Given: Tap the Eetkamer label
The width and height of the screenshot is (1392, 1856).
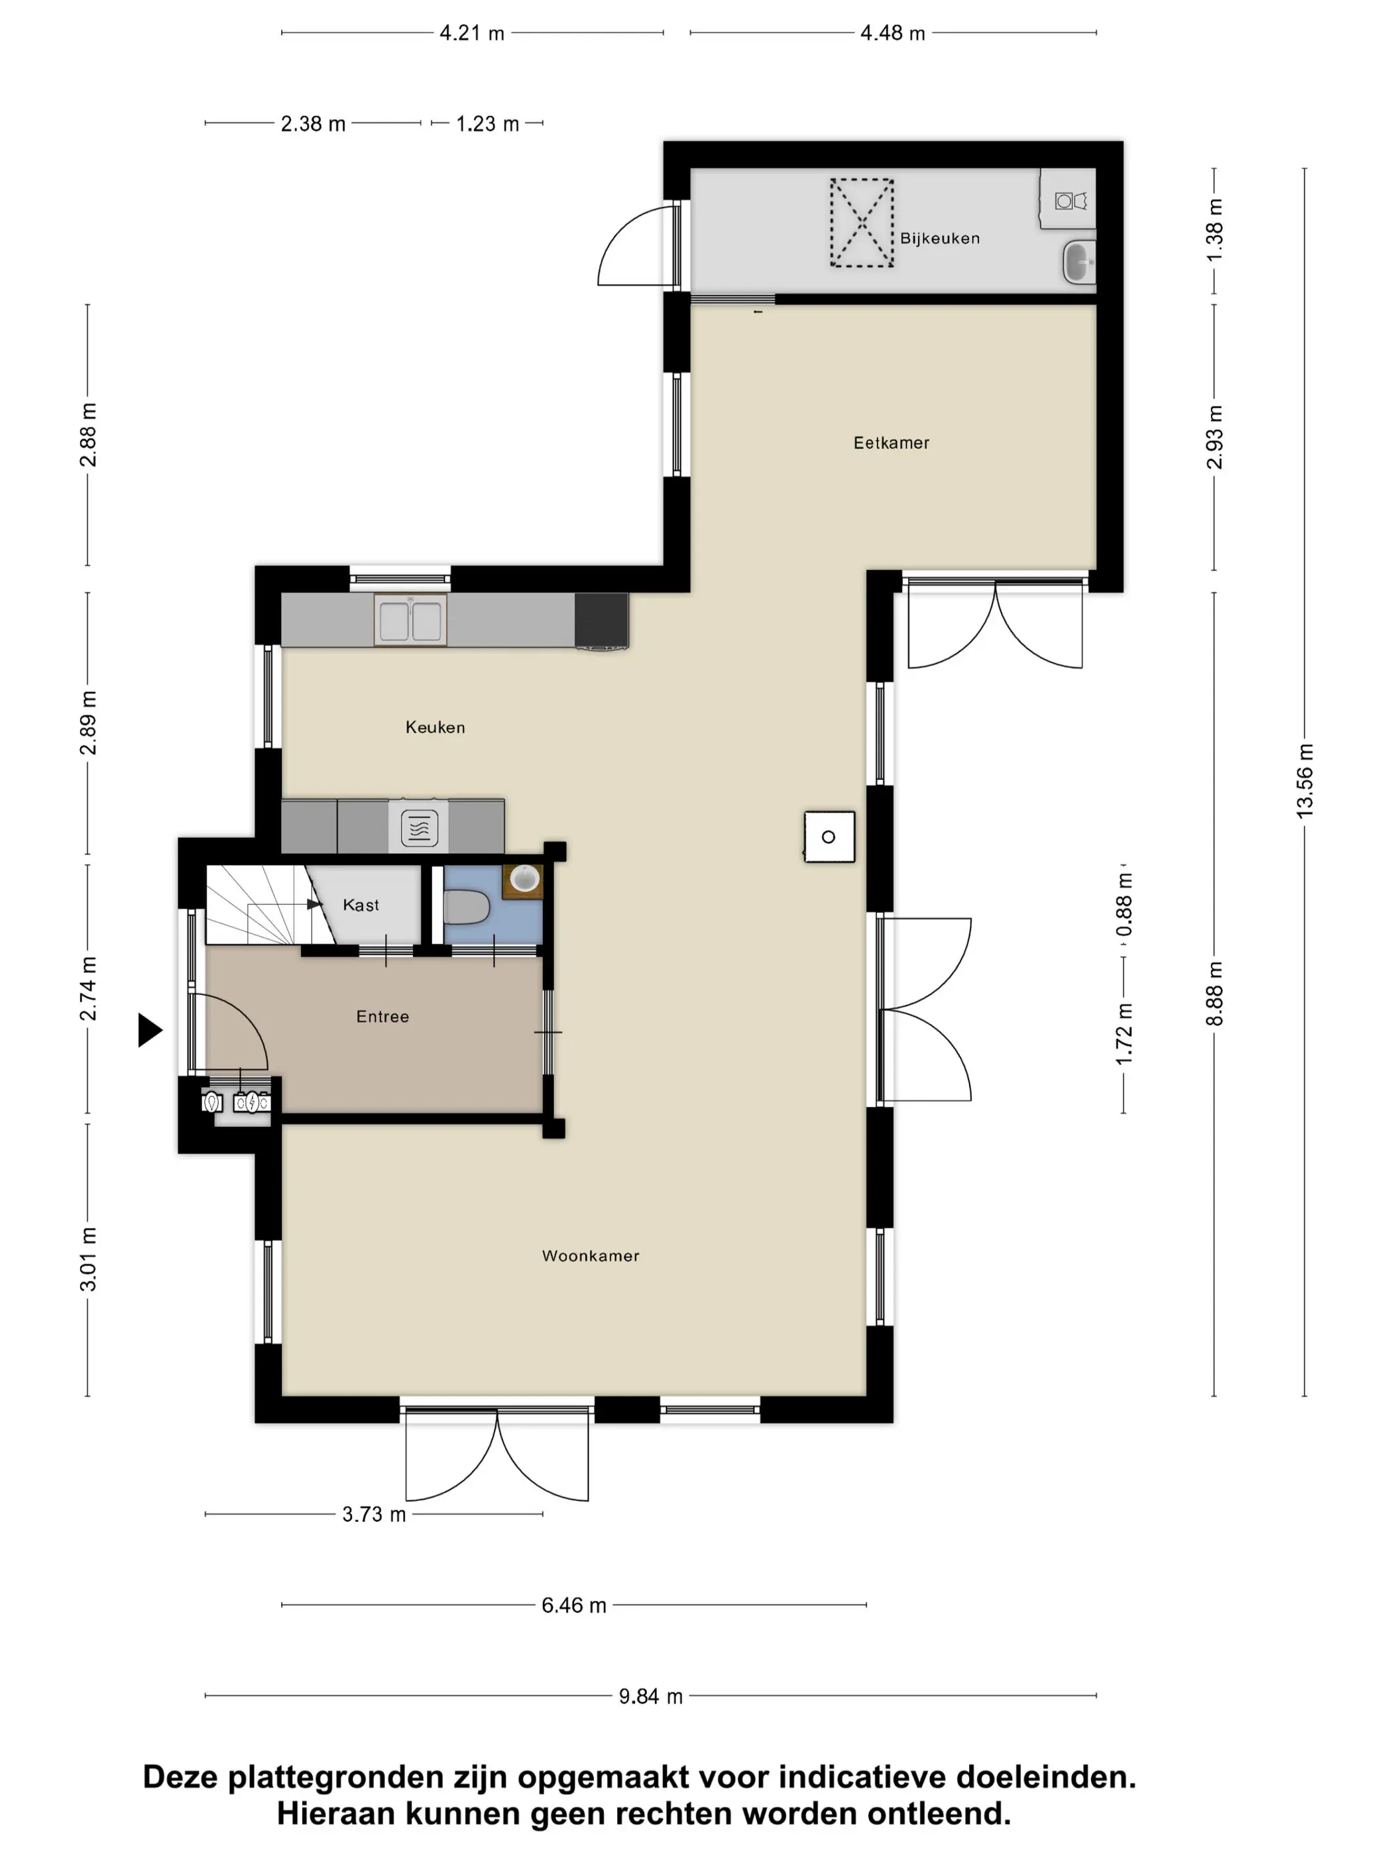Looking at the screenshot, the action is point(891,443).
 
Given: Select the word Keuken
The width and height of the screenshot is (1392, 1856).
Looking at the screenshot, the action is point(435,727).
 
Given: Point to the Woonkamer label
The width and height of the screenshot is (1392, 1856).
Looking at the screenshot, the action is point(591,1256).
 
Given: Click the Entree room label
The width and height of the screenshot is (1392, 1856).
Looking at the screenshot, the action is point(382,1017).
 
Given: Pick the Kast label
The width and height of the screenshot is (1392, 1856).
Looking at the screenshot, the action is point(361,905).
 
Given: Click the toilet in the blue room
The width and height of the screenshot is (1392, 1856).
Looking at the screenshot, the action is point(467,907).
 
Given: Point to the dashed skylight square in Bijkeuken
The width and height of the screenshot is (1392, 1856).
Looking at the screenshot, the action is point(862,223).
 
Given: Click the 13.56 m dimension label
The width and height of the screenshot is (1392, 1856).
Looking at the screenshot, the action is point(1305,781).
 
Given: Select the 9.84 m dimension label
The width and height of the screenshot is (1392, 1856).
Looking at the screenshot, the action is point(650,1696).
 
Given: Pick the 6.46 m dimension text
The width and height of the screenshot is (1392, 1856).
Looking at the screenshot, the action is point(574,1605).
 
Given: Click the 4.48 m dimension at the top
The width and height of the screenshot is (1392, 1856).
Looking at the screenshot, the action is point(893,34).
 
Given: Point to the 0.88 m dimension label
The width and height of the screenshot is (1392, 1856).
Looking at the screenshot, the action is point(1124,905).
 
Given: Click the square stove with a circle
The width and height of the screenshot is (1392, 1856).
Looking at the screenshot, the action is point(829,837).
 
